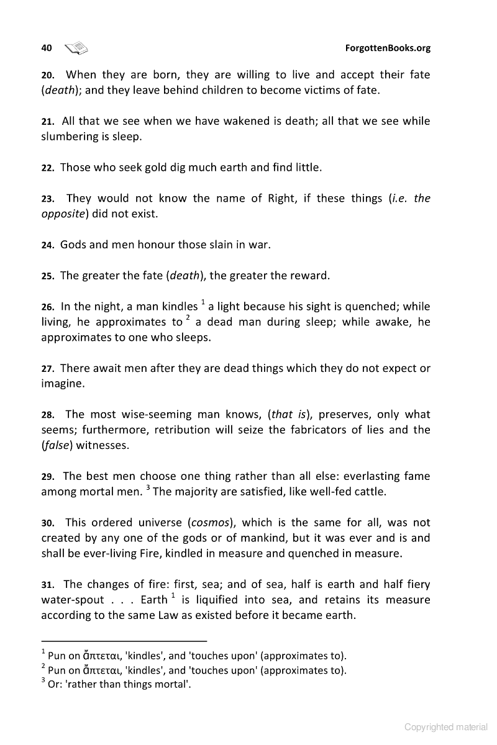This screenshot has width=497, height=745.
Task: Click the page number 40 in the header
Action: click(47, 48)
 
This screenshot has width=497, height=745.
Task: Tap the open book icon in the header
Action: click(77, 48)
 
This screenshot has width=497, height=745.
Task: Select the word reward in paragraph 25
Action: click(309, 275)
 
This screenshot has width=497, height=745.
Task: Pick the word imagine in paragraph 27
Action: click(62, 384)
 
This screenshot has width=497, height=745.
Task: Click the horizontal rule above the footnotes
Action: click(124, 641)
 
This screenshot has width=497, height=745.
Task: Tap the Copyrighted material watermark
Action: click(446, 727)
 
